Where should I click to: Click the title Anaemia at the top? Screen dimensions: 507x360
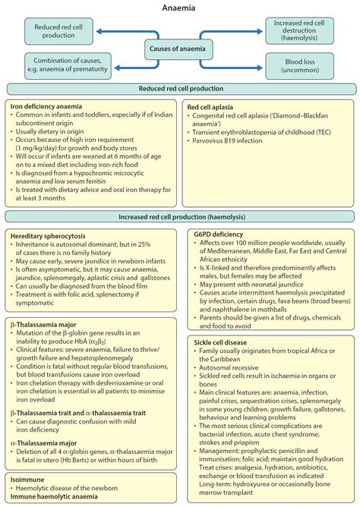click(x=180, y=8)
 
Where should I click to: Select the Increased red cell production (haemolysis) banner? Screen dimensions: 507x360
click(x=180, y=217)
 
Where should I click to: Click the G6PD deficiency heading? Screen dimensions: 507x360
click(x=215, y=235)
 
